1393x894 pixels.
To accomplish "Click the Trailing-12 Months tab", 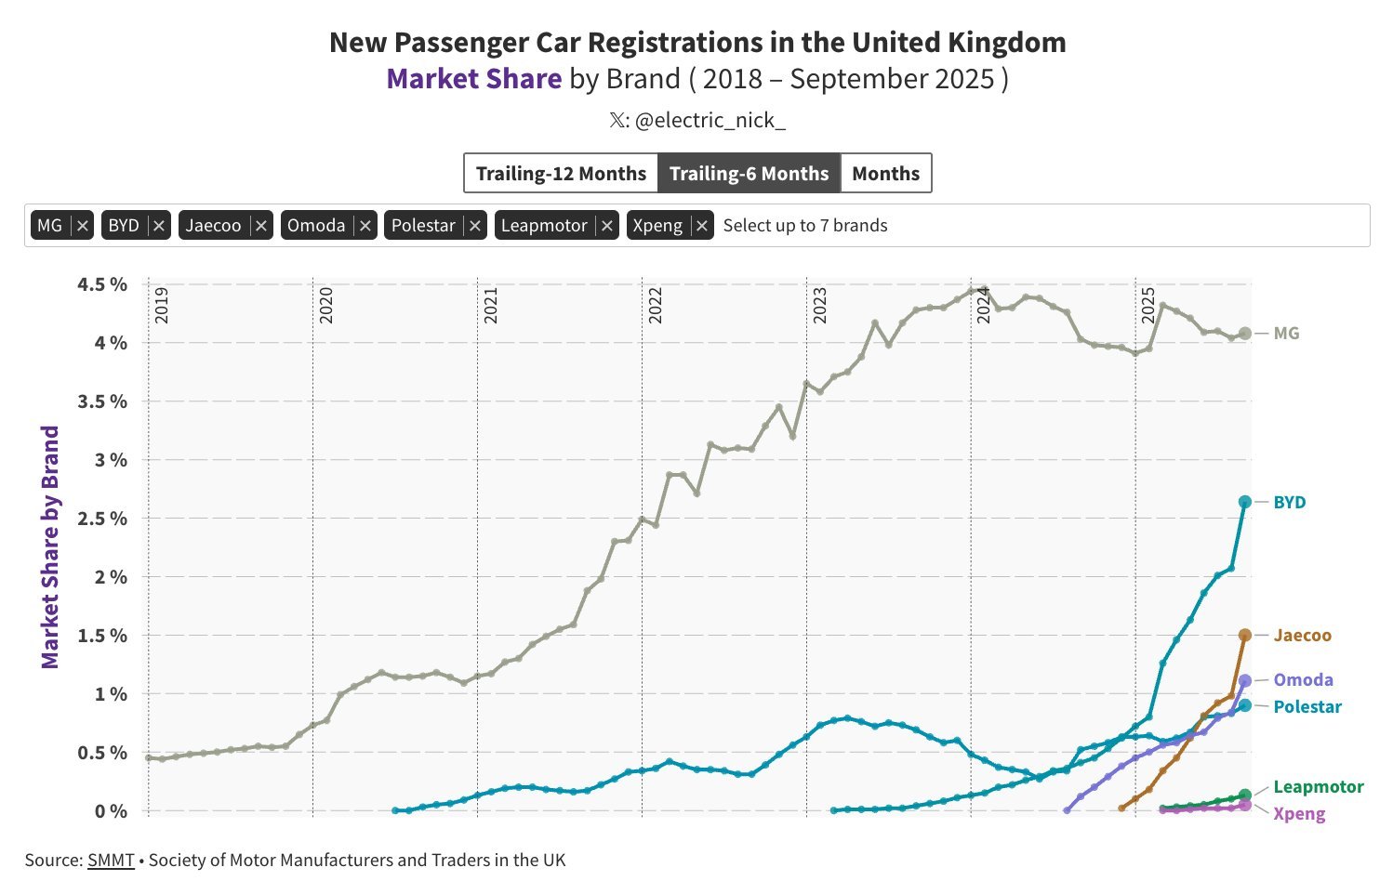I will [x=561, y=174].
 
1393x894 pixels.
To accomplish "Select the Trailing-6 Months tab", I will [x=749, y=174].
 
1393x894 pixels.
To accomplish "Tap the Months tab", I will [x=885, y=174].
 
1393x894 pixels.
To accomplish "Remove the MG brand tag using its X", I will [x=83, y=226].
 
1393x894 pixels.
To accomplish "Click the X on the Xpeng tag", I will [x=702, y=226].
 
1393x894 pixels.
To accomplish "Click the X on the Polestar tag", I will [x=475, y=226].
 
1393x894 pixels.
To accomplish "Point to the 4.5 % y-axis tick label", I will [x=102, y=284].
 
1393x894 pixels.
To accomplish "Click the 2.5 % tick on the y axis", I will [x=102, y=519].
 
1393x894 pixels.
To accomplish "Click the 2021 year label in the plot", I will [x=491, y=306].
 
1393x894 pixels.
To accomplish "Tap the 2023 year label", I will [x=820, y=306].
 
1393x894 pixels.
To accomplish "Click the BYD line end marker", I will [x=1245, y=502].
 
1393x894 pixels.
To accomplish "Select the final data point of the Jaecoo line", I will [x=1245, y=635].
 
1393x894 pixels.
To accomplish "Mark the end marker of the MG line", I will [x=1245, y=333].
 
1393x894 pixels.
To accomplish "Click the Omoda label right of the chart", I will [x=1303, y=680].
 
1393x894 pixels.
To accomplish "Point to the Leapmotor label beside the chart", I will [x=1318, y=787].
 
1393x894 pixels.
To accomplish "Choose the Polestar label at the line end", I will [x=1307, y=707].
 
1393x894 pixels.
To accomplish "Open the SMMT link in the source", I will [x=111, y=861].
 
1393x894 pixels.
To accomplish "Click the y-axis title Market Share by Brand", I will [x=50, y=547].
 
